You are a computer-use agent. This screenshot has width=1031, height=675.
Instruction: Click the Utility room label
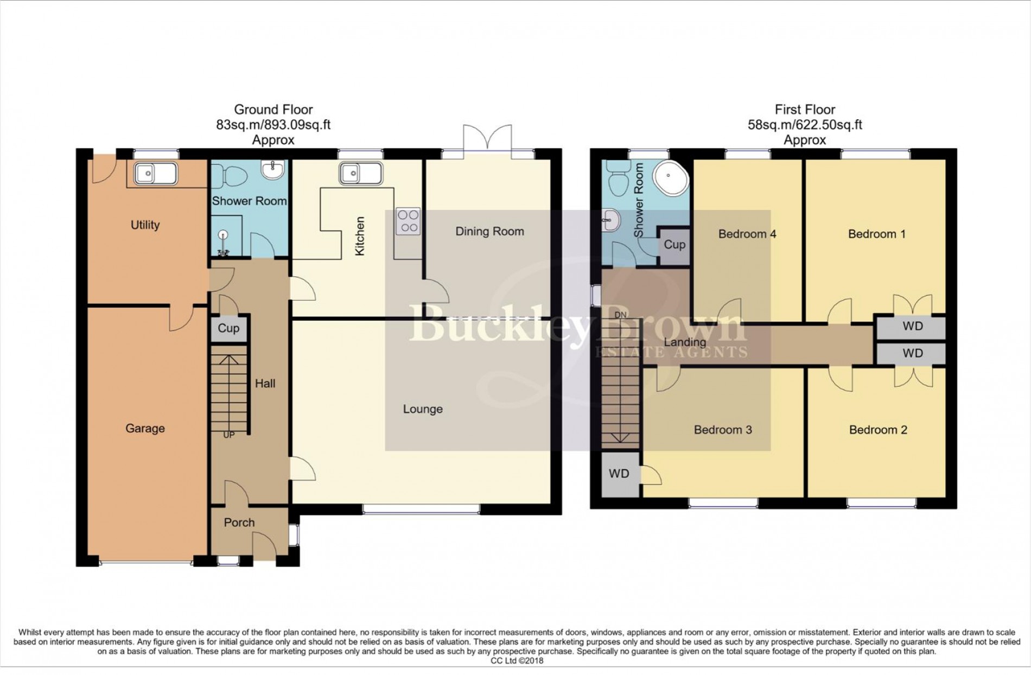click(145, 225)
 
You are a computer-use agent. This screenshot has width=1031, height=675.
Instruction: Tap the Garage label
click(145, 428)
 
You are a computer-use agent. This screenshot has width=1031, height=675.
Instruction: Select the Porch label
click(239, 522)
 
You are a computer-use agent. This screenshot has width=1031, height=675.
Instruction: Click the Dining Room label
click(489, 231)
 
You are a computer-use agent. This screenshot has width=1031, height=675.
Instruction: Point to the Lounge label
click(423, 409)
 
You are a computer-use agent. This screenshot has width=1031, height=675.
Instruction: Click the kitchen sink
click(361, 174)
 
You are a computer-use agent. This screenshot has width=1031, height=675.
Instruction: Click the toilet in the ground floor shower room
click(228, 175)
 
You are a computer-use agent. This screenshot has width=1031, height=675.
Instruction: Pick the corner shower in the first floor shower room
click(671, 178)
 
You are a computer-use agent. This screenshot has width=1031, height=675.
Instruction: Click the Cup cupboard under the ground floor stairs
click(228, 328)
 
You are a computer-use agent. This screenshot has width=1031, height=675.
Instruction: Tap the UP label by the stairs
click(229, 435)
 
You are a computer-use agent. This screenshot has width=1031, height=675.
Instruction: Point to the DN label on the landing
click(620, 315)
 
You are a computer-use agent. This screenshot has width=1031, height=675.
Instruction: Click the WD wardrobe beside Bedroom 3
click(620, 474)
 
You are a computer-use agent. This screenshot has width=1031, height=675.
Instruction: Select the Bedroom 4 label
click(747, 234)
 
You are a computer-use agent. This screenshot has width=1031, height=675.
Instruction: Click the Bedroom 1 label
click(876, 234)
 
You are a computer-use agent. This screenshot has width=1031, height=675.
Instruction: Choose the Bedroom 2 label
click(878, 430)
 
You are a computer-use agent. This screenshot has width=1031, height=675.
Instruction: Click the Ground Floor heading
click(273, 110)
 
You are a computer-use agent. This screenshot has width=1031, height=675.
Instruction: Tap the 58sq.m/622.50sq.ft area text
click(805, 125)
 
